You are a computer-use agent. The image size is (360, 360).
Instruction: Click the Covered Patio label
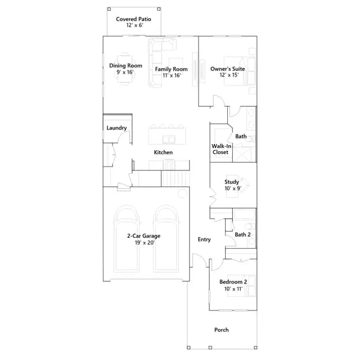(x=133, y=19)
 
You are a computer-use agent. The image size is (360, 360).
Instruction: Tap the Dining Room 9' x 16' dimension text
(x=125, y=72)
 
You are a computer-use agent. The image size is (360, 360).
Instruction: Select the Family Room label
(x=171, y=69)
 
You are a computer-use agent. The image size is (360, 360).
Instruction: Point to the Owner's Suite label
(x=227, y=69)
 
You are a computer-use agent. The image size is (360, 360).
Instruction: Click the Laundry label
(x=116, y=128)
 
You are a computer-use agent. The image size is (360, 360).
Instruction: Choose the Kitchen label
(x=163, y=152)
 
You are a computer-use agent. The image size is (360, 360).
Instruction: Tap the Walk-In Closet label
(x=221, y=149)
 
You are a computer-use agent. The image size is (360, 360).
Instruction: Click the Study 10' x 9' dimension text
(x=233, y=188)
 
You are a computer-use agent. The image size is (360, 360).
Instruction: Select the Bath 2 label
(x=242, y=235)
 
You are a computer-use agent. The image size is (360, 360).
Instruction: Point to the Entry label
(x=204, y=240)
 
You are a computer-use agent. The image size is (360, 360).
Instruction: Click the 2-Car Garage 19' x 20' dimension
(x=145, y=242)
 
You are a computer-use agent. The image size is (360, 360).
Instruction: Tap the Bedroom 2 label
(x=233, y=282)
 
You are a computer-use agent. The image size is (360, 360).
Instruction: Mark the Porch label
(x=221, y=330)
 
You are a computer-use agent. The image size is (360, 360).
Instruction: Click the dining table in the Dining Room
(x=125, y=69)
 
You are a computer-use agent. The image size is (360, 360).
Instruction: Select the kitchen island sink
(x=169, y=139)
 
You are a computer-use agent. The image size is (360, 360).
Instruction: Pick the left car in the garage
(x=127, y=238)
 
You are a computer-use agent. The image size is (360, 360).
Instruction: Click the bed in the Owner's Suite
(x=240, y=71)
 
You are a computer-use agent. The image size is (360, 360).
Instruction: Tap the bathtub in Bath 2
(x=244, y=214)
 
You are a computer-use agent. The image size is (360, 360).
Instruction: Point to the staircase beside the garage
(x=175, y=178)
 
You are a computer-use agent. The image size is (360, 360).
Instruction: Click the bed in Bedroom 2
(x=241, y=286)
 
